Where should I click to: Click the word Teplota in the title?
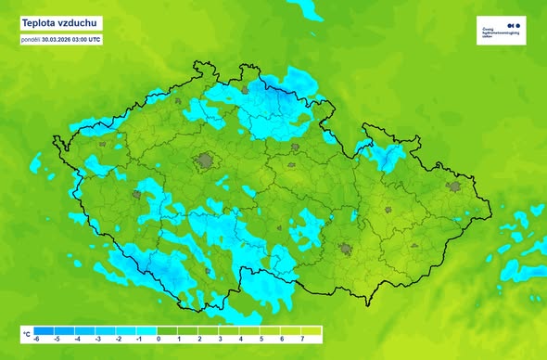39,22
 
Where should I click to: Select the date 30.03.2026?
63,39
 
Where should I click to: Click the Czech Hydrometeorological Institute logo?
502,29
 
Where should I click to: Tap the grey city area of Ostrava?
453,186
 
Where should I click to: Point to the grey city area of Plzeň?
140,196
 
